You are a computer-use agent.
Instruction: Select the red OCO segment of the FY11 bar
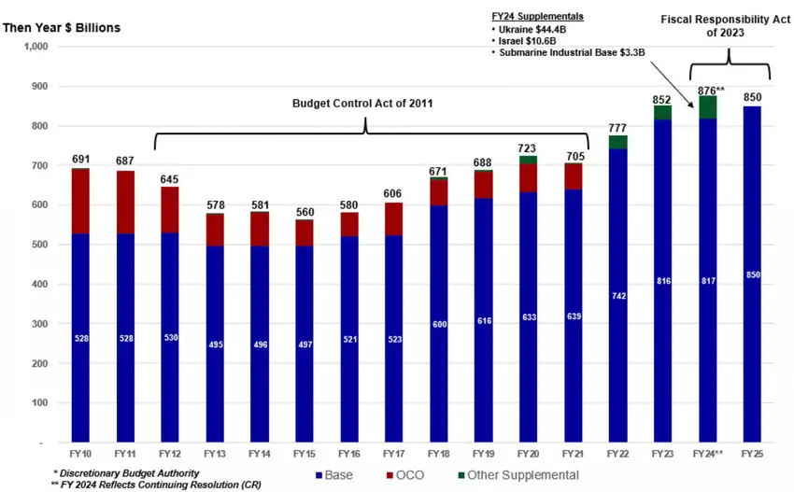[x=125, y=202]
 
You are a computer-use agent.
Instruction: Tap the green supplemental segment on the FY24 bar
[x=708, y=106]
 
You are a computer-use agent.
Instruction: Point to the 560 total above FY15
[x=305, y=211]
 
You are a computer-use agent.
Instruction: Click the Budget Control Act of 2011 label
[x=366, y=103]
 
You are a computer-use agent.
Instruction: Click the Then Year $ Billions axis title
[x=62, y=27]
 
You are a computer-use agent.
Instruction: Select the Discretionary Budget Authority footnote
[x=125, y=473]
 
